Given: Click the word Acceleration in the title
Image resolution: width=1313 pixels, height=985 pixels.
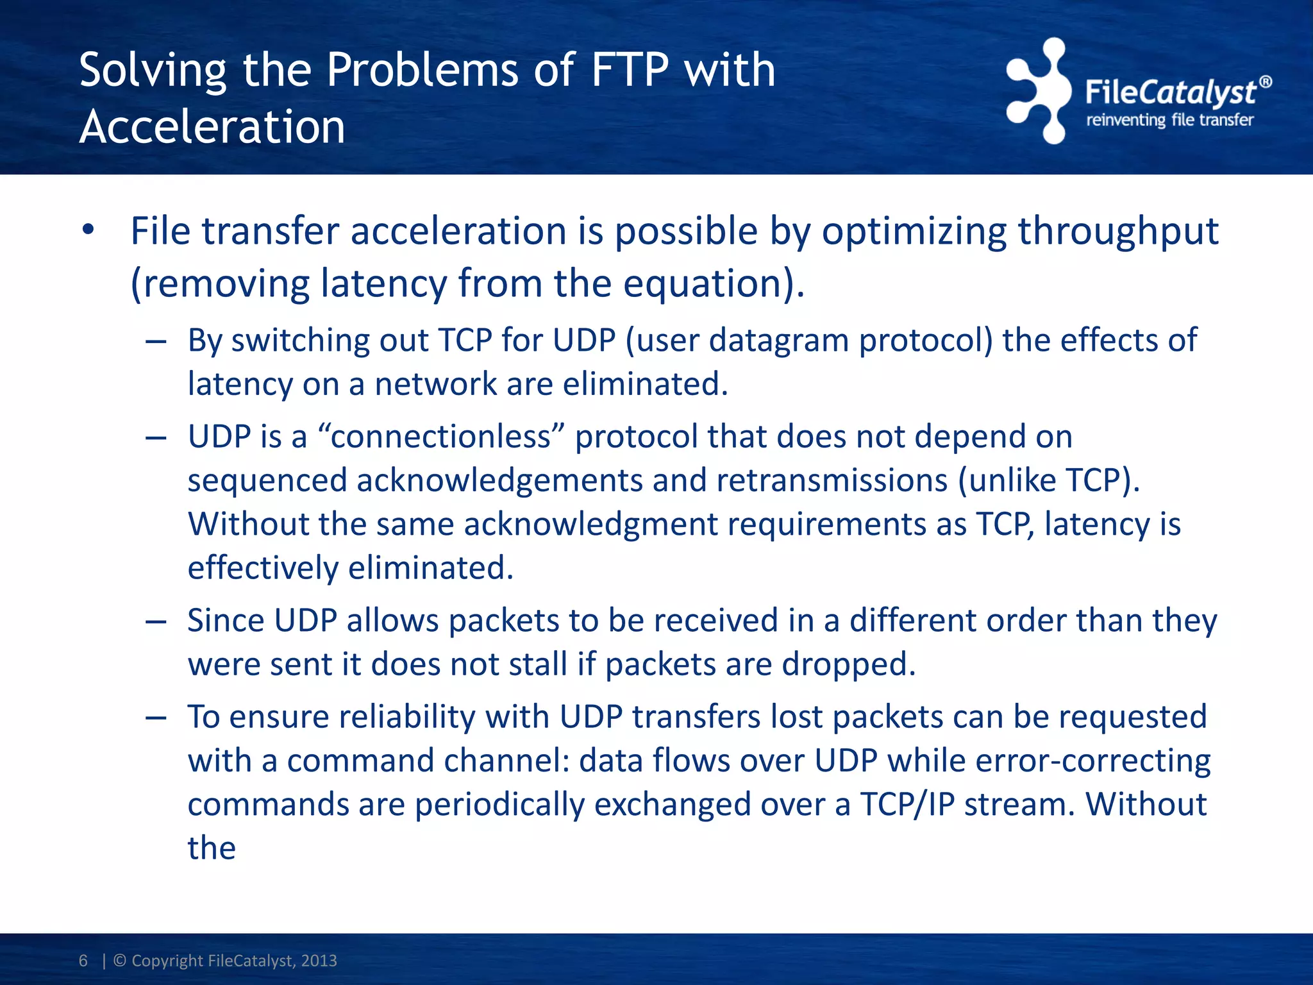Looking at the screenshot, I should [x=212, y=126].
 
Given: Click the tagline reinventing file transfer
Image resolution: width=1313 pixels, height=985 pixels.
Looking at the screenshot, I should [x=1169, y=120].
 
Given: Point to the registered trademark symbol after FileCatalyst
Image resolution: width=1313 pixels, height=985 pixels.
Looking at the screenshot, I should [x=1266, y=82].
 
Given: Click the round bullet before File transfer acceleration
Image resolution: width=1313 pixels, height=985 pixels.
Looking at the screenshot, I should [x=88, y=230].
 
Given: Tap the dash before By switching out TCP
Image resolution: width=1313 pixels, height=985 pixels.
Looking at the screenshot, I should [x=156, y=341].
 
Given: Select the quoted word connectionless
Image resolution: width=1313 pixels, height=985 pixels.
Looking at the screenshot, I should [x=440, y=437].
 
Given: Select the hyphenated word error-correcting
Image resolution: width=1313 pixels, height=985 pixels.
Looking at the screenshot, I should [x=1092, y=761].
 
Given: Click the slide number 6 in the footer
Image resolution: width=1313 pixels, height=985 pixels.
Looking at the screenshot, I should [x=83, y=960].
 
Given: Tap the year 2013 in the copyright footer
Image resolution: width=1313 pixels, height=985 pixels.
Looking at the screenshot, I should [x=319, y=960].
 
